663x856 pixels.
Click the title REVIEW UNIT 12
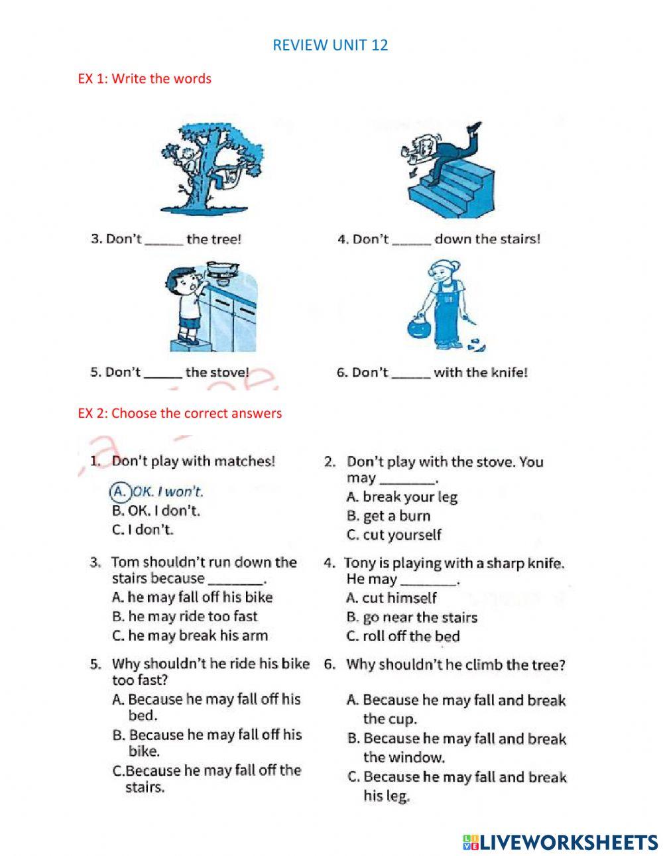[330, 46]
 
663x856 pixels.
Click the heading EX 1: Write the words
[145, 78]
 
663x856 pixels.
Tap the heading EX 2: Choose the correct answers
[180, 413]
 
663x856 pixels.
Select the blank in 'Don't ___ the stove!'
[163, 374]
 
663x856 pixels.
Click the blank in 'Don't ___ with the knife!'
[411, 374]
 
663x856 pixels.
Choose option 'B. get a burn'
[388, 516]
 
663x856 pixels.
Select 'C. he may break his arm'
[190, 635]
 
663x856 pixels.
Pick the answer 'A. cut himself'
[391, 598]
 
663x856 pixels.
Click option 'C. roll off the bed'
[402, 637]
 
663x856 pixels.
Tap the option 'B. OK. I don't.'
[156, 511]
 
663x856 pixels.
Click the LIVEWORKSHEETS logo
[560, 842]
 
